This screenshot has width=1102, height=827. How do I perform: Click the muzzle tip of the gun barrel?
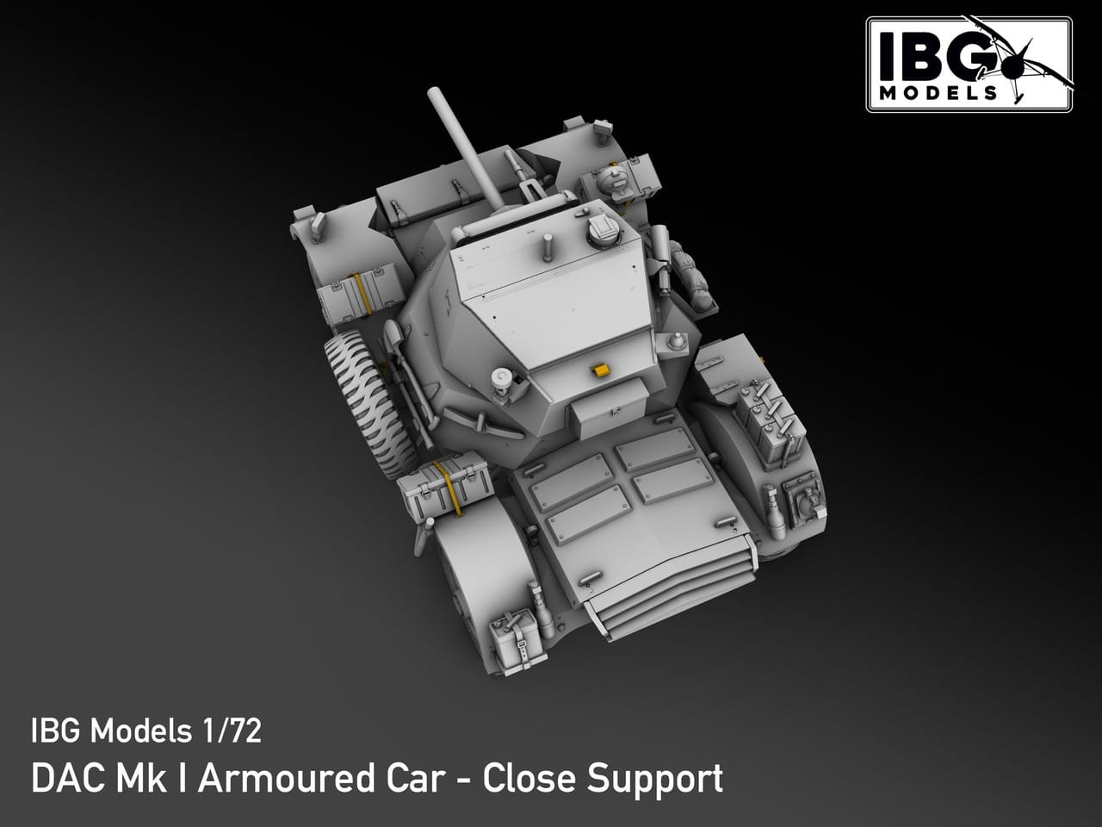tap(433, 94)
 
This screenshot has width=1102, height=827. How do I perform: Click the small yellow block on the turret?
tap(599, 370)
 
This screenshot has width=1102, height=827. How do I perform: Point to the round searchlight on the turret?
tap(500, 378)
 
